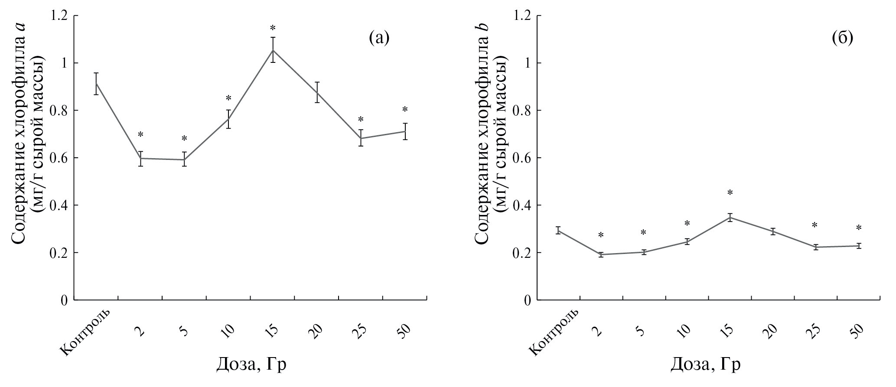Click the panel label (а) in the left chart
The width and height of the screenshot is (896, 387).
[379, 39]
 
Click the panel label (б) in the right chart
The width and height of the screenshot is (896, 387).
[842, 39]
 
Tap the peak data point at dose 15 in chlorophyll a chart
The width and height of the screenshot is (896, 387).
[273, 50]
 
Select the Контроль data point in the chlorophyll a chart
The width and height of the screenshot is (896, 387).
[96, 82]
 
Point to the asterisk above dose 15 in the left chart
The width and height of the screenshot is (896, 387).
[273, 29]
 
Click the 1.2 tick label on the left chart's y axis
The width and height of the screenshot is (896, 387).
[58, 16]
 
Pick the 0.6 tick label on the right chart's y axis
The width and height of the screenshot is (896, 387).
[522, 158]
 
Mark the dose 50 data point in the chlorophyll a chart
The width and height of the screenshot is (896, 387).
[405, 131]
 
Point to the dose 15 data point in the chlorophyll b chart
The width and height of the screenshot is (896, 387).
[730, 217]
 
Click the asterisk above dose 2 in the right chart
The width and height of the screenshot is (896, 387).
[601, 236]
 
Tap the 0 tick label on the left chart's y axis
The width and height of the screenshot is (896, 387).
[64, 300]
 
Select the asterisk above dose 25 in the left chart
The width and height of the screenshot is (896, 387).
[361, 120]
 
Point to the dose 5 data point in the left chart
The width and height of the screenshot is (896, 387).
[184, 159]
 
